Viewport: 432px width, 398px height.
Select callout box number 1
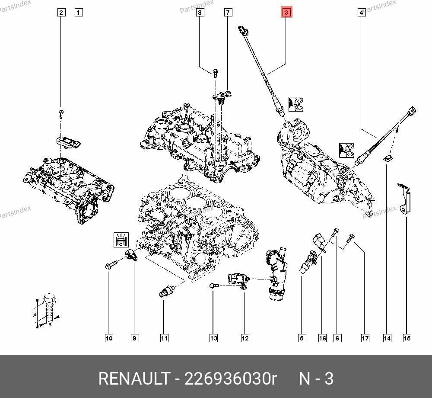click(x=78, y=13)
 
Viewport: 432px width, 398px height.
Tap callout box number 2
click(x=62, y=13)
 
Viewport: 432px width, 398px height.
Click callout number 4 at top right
click(x=361, y=13)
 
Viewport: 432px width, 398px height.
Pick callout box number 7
click(x=228, y=13)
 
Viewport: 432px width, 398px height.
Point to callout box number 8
click(x=200, y=13)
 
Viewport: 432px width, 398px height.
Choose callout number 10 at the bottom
click(x=109, y=338)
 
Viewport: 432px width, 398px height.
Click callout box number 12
click(x=245, y=338)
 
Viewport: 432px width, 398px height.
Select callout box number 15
click(x=407, y=338)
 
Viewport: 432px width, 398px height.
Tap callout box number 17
click(x=365, y=338)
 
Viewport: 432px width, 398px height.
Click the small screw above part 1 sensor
click(x=62, y=112)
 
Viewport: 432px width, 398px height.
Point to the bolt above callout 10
click(x=110, y=264)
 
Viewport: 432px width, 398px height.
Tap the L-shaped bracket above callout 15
click(x=405, y=199)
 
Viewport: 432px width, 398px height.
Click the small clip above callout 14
click(x=388, y=158)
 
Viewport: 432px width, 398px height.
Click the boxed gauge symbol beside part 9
click(x=121, y=239)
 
